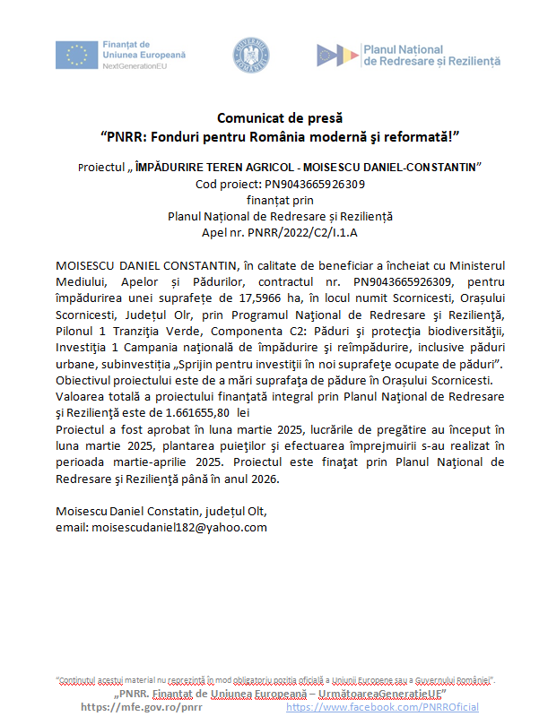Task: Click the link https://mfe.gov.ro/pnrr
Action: [x=142, y=707]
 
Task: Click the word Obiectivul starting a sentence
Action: [x=87, y=377]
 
